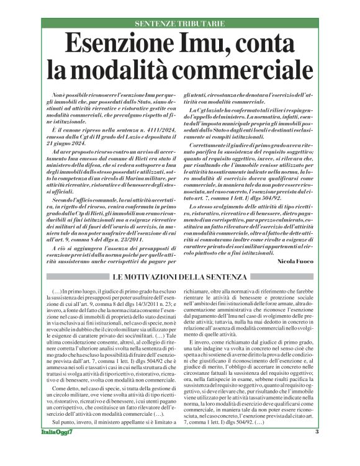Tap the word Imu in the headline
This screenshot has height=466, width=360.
197,45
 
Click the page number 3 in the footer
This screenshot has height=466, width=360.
317,449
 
